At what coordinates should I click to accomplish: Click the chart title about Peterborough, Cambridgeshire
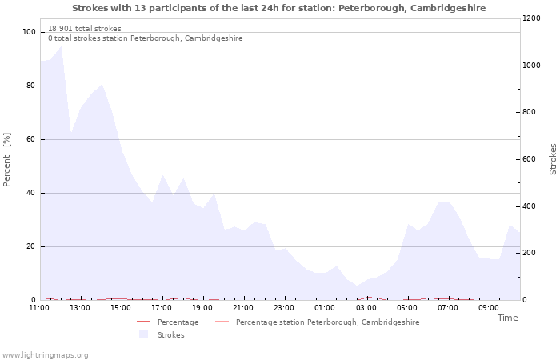[278, 8]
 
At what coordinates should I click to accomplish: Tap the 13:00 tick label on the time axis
[79, 308]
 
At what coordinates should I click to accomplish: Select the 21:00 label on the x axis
[243, 308]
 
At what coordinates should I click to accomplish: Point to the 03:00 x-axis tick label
[366, 308]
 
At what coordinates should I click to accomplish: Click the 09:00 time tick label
[490, 308]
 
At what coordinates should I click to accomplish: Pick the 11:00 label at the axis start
[38, 308]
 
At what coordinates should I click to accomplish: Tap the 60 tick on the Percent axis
[30, 139]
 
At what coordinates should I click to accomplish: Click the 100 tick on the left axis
[29, 32]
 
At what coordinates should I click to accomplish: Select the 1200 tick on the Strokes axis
[531, 18]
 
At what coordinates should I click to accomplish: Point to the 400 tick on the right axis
[529, 206]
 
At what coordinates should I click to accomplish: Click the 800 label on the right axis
[529, 112]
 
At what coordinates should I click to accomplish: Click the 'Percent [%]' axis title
[7, 160]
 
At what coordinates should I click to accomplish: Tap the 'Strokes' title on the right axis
[553, 158]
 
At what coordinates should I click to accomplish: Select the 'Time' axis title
[507, 318]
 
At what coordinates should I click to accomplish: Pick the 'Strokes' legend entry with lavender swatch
[166, 335]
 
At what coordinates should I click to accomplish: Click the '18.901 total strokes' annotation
[85, 29]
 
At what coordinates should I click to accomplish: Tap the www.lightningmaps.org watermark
[45, 355]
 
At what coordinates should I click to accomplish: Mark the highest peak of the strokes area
[61, 46]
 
